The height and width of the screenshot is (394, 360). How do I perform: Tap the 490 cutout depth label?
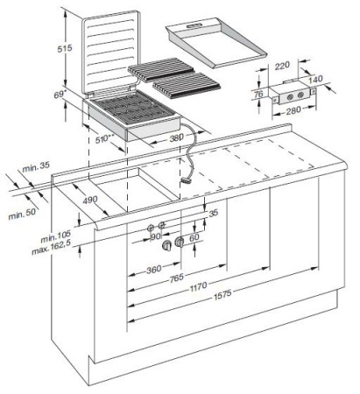88,201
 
